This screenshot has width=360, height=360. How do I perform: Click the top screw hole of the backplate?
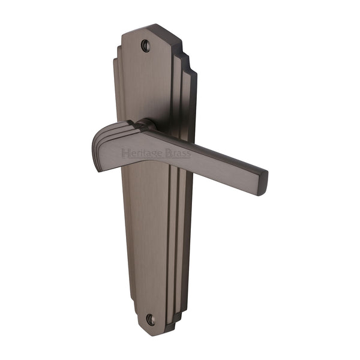click(x=145, y=45)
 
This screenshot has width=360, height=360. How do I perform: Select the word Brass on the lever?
click(x=178, y=154)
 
